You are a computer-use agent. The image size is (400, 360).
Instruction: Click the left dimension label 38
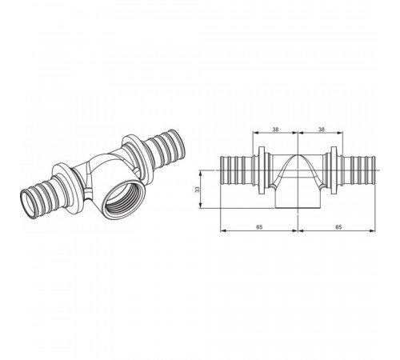[x=275, y=130]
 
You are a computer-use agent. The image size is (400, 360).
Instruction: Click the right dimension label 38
[x=322, y=130]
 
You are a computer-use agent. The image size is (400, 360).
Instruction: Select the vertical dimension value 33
[x=197, y=190]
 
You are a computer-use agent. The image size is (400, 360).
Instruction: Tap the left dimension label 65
[x=259, y=227]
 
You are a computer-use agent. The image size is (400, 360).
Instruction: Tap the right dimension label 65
[x=338, y=227]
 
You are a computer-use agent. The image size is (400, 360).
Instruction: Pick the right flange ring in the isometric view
[x=138, y=161]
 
